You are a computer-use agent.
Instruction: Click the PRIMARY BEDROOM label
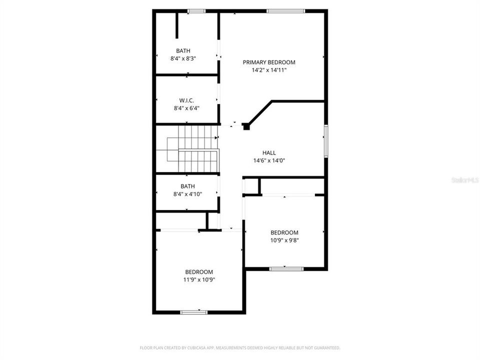pos(269,62)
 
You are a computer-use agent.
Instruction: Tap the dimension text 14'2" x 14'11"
pos(269,70)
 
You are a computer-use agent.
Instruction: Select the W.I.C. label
pos(183,100)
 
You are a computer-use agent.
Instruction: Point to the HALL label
pos(269,153)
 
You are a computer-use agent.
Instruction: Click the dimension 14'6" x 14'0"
pos(269,160)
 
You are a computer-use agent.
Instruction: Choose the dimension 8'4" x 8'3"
pos(183,58)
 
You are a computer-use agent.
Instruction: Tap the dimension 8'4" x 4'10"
pos(183,194)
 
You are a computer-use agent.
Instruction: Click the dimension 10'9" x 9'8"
pos(284,240)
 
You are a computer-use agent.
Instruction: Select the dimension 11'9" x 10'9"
pos(200,279)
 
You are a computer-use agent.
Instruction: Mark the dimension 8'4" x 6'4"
pos(183,108)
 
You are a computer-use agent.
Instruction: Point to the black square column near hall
pos(246,127)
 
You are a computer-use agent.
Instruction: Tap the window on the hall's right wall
pos(325,141)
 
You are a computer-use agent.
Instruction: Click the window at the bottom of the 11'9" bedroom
pos(194,312)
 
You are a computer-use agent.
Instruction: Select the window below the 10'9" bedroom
pos(286,269)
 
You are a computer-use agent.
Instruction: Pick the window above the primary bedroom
pos(285,10)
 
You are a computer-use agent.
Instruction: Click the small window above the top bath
pos(196,10)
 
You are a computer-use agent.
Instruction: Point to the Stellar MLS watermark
pos(464,178)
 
